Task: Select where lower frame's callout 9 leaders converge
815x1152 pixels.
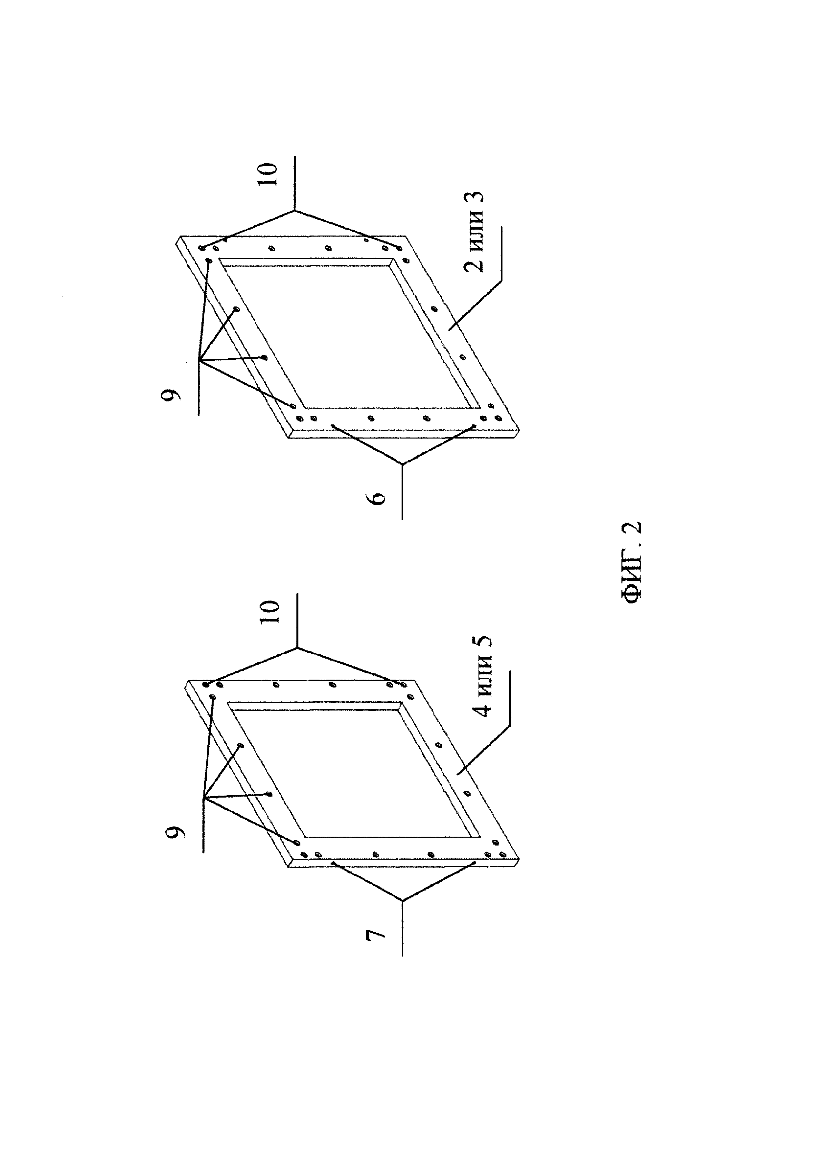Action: click(x=203, y=798)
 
